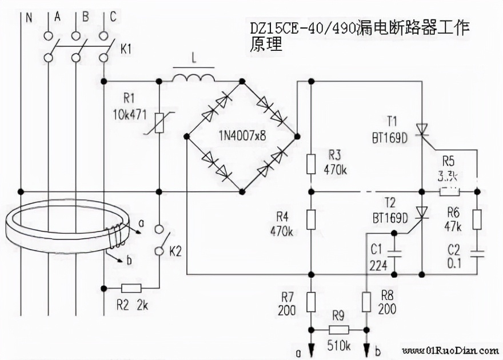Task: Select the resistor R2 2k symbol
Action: pyautogui.click(x=131, y=288)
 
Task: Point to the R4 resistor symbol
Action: pyautogui.click(x=310, y=219)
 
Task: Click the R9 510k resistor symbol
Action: pyautogui.click(x=338, y=330)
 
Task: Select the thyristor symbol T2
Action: pyautogui.click(x=421, y=213)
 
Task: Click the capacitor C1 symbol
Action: pyautogui.click(x=394, y=251)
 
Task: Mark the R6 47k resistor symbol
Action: pyautogui.click(x=477, y=219)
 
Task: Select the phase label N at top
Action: pyautogui.click(x=29, y=17)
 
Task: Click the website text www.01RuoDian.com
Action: pyautogui.click(x=450, y=350)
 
